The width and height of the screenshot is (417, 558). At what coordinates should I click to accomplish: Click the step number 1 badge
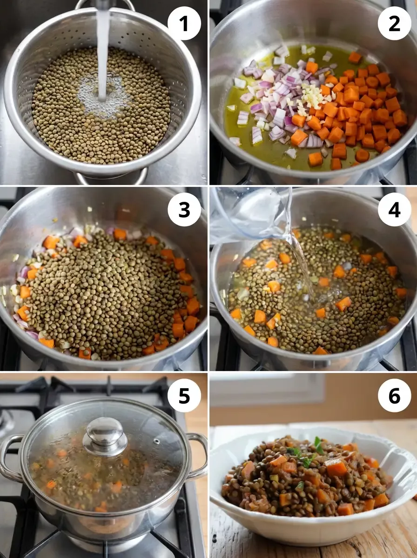(x=184, y=23)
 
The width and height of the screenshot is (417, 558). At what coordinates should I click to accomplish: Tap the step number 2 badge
(x=394, y=23)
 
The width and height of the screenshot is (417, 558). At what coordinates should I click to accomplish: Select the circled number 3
(x=184, y=210)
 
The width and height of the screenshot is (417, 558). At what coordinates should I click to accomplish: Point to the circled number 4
(x=394, y=210)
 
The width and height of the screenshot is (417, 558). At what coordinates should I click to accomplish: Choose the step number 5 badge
(x=184, y=396)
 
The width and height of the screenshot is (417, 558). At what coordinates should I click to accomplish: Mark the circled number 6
(x=394, y=396)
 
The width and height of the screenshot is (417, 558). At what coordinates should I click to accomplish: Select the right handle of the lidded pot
(x=199, y=456)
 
